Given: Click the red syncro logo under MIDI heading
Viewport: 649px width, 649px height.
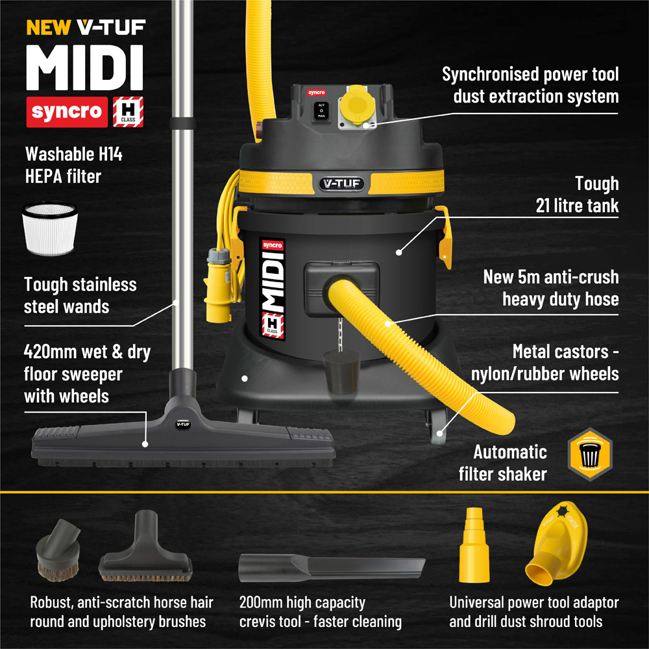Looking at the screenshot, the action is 67,112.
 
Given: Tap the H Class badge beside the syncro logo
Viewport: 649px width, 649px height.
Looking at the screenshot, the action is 129,112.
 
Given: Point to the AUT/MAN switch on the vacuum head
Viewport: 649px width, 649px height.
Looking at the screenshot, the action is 322,110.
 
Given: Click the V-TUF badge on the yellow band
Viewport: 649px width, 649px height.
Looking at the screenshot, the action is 341,184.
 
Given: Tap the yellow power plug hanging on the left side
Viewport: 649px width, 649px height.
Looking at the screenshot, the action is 218,286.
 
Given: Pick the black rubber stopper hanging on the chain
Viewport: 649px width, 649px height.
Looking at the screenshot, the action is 342,371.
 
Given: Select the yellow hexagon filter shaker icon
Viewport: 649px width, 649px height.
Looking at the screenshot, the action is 590,454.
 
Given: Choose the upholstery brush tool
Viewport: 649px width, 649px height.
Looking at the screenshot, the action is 145,546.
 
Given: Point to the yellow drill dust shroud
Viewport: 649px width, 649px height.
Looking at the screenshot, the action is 557,543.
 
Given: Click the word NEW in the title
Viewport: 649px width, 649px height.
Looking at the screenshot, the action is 49,28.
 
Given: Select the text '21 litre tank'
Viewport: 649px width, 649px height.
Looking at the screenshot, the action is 577,206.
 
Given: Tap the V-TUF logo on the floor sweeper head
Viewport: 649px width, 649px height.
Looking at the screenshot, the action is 183,424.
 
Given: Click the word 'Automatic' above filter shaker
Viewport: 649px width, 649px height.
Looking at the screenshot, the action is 510,452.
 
